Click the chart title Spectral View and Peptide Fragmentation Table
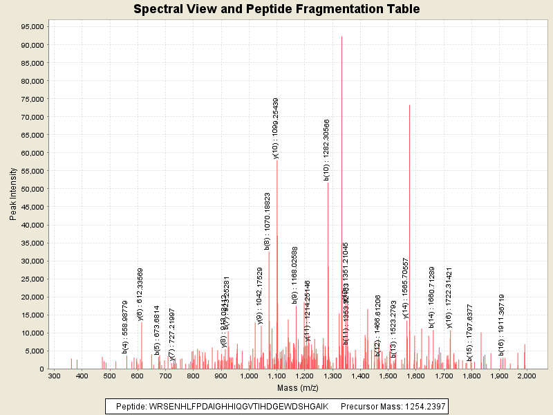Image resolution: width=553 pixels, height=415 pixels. (x=276, y=9)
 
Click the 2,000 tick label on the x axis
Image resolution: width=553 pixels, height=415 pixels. (x=526, y=376)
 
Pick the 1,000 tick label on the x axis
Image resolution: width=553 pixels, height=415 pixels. (x=248, y=376)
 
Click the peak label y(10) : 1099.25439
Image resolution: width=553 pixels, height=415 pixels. (x=276, y=129)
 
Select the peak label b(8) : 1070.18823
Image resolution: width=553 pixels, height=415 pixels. (x=268, y=221)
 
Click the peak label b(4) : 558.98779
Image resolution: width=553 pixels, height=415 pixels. (x=125, y=327)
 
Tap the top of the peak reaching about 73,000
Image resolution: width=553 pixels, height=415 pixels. (x=409, y=105)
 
